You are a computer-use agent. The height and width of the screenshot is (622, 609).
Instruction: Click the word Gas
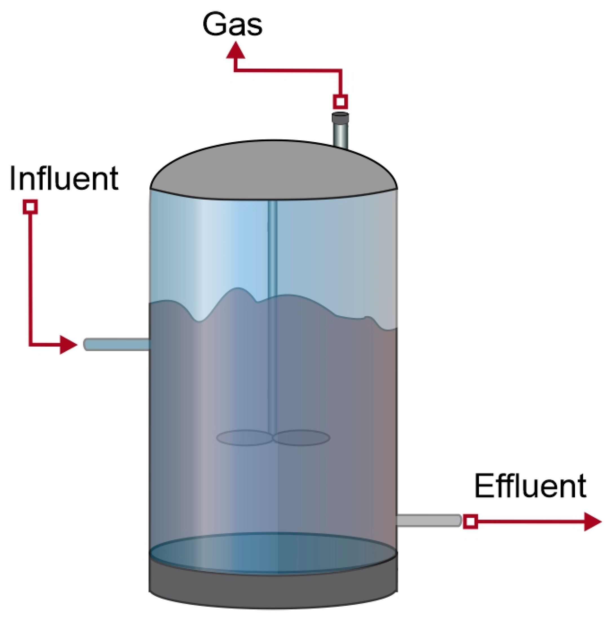point(232,24)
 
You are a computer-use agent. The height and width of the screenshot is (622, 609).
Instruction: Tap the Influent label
point(64,178)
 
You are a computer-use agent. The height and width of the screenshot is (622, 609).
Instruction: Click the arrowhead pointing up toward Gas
point(235,52)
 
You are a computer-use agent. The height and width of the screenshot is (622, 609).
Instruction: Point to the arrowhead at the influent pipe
point(68,345)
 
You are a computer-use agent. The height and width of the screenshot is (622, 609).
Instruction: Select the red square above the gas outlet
point(340,102)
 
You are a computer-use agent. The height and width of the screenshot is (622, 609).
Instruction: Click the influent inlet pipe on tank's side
point(117,344)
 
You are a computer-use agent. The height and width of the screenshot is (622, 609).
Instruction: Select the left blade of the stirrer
point(244,438)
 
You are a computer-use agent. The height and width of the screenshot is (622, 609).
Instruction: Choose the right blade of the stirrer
point(301,438)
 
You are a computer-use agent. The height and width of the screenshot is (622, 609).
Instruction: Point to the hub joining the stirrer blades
point(273,438)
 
